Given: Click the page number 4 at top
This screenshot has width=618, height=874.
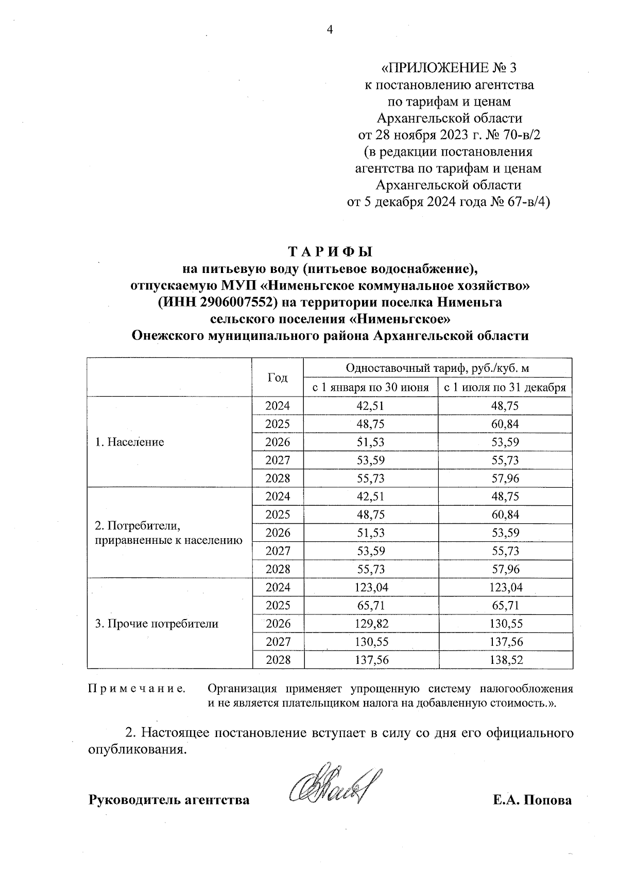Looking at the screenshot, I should click(x=331, y=30).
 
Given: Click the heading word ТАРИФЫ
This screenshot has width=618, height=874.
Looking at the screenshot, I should click(x=330, y=252).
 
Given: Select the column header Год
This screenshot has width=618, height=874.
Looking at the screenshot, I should click(x=278, y=378).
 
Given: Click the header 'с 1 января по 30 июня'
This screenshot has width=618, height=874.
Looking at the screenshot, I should click(x=371, y=387).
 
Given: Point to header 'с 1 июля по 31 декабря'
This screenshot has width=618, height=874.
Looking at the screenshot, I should click(x=505, y=387).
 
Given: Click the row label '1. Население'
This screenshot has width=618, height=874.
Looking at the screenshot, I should click(x=130, y=442).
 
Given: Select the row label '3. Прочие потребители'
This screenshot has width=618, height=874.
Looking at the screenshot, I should click(x=157, y=624).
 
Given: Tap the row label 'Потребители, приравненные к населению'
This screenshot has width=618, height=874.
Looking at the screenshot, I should click(x=168, y=533).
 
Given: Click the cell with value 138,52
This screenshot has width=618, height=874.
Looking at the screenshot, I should click(x=505, y=660).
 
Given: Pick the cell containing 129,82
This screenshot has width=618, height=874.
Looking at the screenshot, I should click(x=371, y=624).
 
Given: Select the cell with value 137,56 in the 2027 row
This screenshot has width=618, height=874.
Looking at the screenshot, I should click(x=505, y=642).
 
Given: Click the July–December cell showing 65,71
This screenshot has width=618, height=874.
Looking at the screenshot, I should click(x=505, y=606).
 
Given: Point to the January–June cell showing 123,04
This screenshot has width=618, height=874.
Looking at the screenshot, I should click(x=371, y=587).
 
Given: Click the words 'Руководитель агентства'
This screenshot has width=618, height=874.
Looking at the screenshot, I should click(x=169, y=800).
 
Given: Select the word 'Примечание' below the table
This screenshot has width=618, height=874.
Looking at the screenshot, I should click(x=137, y=689).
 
